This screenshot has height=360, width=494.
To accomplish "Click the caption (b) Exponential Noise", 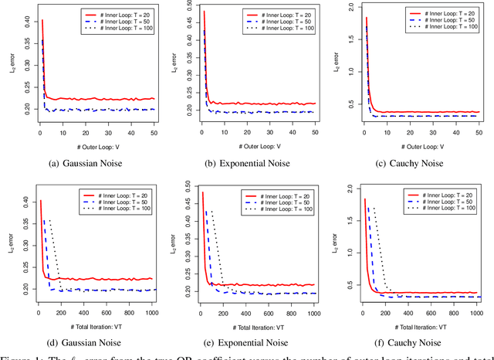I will coord(252,164).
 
